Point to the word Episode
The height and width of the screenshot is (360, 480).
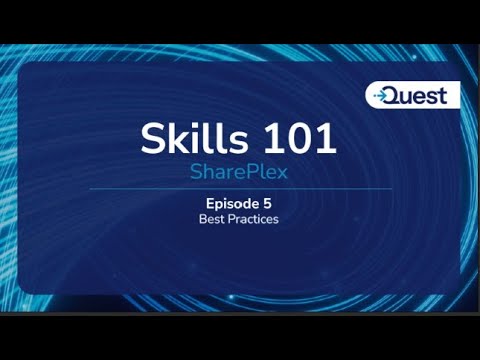click(224, 203)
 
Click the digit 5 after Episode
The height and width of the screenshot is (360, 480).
click(268, 203)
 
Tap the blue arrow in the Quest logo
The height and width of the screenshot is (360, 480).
click(381, 96)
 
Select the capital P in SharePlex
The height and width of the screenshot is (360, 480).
click(247, 171)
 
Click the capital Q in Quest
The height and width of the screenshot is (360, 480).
click(398, 95)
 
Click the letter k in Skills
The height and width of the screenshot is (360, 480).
click(176, 137)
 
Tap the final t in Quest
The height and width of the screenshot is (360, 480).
click(451, 95)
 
